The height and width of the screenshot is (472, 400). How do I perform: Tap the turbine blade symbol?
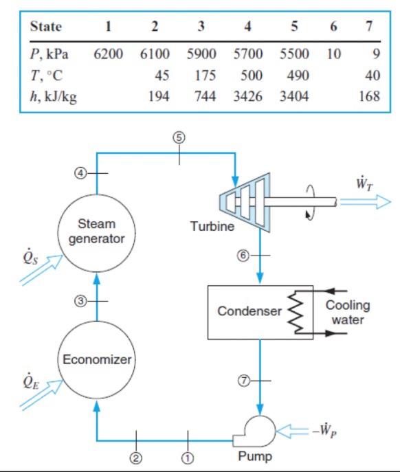[x=246, y=202]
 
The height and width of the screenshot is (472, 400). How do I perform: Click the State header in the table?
[x=47, y=27]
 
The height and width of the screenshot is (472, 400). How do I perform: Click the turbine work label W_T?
[x=363, y=185]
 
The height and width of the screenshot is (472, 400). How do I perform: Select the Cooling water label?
[x=347, y=313]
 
